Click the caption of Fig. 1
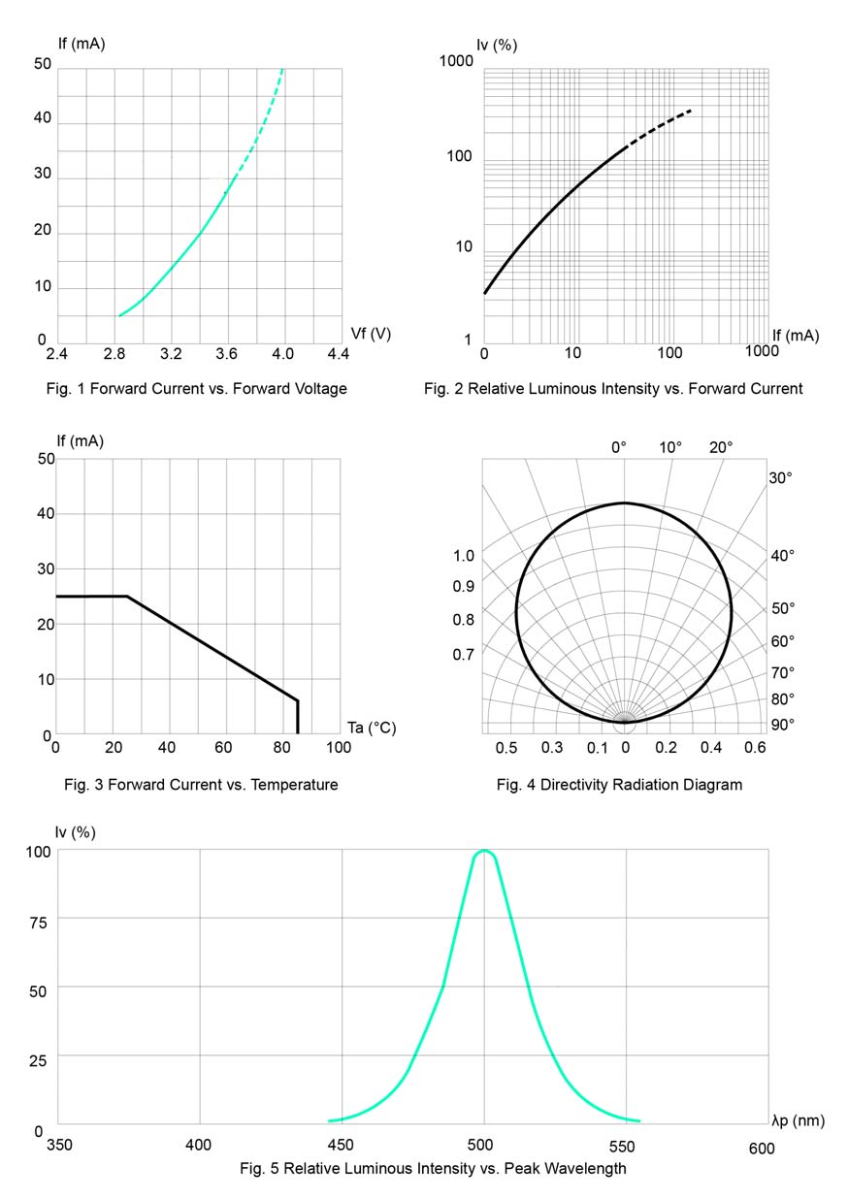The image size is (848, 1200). [196, 389]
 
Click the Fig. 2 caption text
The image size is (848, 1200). [613, 389]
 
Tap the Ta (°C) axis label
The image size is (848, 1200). [372, 728]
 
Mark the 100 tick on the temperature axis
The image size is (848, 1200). [338, 748]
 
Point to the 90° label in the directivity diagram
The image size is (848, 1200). [783, 725]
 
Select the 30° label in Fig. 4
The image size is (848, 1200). [782, 478]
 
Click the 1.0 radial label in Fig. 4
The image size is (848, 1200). [464, 556]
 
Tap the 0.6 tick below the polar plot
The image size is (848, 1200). [756, 747]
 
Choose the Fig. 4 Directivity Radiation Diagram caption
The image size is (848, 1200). [619, 785]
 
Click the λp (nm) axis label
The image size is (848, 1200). [798, 1121]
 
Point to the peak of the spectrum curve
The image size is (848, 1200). [484, 850]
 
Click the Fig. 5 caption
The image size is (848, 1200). [433, 1168]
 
